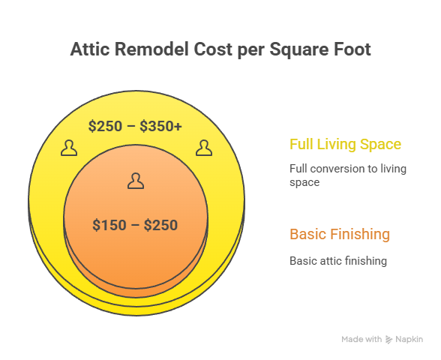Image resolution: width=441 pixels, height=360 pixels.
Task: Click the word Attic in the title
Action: coord(91,49)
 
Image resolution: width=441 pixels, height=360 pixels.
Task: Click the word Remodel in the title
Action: coord(150,49)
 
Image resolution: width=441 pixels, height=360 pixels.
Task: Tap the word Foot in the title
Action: coord(352,49)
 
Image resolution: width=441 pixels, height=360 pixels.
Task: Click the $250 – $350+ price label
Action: coord(135,126)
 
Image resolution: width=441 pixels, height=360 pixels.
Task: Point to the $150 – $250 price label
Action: coord(135,224)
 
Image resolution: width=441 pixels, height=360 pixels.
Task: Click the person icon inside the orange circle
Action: coord(135,181)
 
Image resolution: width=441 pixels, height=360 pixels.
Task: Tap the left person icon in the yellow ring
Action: coord(69,148)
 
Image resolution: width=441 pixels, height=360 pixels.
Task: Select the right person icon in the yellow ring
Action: coord(202,148)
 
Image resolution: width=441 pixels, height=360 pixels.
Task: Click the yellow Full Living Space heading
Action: coord(345,144)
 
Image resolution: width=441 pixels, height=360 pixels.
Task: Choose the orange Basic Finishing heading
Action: coord(340,234)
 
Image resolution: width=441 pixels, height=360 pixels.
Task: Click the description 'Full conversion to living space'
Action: coord(347,175)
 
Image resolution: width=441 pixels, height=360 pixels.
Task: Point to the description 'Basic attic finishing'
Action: coord(337,261)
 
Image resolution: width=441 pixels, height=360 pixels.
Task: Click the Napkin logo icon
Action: coord(388,340)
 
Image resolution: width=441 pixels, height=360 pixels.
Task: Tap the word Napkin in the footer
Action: coord(409,340)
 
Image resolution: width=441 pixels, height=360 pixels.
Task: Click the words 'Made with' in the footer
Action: coord(361,340)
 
